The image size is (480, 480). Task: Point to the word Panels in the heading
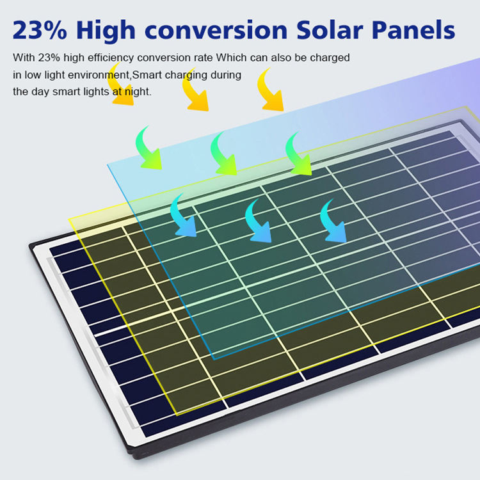(416, 30)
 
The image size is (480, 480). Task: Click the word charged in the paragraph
(330, 58)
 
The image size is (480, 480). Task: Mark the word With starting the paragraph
(24, 58)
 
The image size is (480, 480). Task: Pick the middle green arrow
(223, 154)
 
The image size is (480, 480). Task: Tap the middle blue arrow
(259, 221)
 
